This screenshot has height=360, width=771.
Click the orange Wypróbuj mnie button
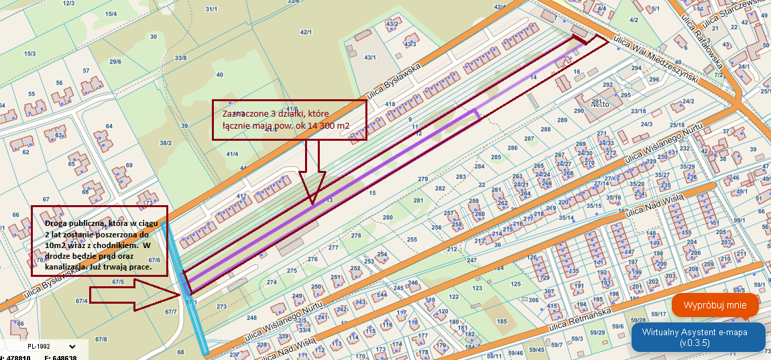[715, 306]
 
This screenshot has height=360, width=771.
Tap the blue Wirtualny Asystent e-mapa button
[698, 337]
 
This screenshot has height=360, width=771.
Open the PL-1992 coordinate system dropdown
[47, 347]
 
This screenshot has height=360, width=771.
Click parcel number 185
[501, 321]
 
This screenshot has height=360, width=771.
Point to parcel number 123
[477, 288]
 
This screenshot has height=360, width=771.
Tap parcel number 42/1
[306, 32]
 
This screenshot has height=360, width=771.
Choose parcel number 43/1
[369, 58]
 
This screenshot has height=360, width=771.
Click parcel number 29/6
[115, 62]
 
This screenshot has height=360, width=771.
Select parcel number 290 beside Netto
[579, 111]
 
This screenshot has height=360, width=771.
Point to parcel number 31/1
[212, 9]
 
